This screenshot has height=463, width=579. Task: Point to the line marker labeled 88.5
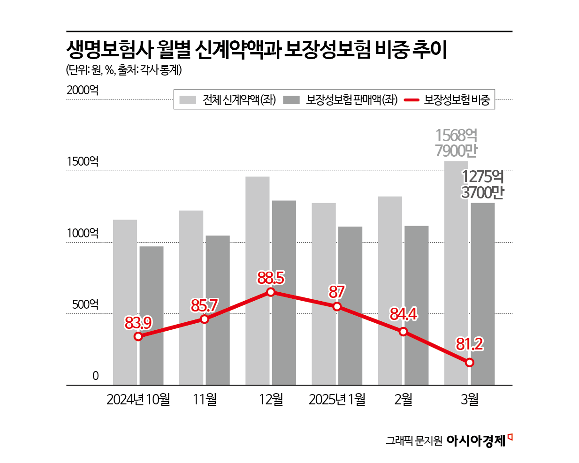271,292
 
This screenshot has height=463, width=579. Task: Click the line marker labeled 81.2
470,362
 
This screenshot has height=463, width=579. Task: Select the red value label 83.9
138,323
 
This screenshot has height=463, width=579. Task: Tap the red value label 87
337,292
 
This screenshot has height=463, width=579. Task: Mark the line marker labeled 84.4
404,332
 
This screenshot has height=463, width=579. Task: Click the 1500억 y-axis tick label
83,162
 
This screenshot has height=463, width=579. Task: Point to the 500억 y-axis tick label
85,304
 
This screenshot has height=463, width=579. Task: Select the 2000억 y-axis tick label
83,90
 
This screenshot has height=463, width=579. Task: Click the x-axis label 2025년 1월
337,399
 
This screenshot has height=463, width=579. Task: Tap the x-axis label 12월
271,399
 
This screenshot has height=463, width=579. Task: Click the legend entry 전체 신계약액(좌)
228,99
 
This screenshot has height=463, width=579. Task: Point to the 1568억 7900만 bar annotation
456,143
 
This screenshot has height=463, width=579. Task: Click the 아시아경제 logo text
476,440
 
